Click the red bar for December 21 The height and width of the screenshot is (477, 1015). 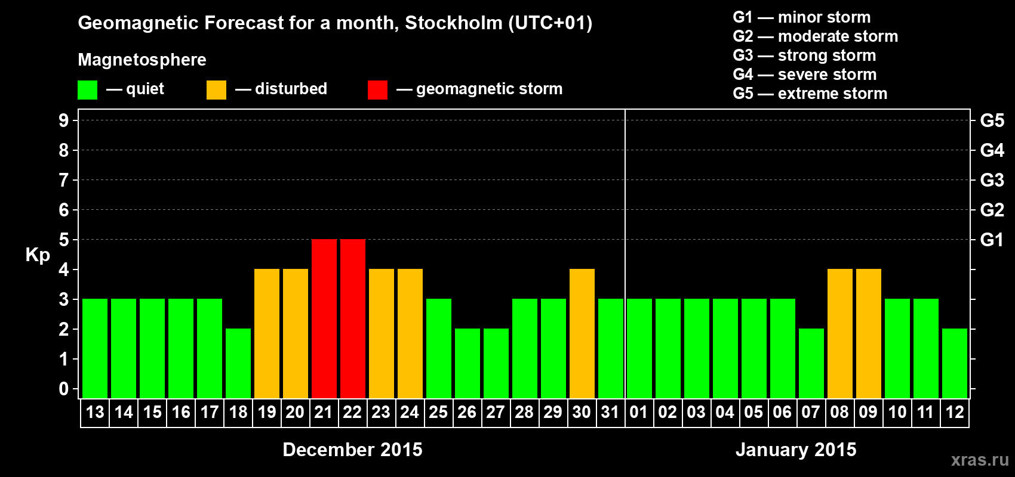click(x=324, y=318)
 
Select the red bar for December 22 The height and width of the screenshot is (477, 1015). click(x=352, y=318)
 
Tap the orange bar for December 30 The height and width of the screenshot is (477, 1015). click(x=582, y=333)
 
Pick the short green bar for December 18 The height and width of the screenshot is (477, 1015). click(x=238, y=363)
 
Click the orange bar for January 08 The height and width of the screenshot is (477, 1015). click(x=839, y=333)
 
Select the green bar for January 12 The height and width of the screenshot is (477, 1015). click(x=954, y=363)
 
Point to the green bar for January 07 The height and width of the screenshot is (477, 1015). click(x=811, y=363)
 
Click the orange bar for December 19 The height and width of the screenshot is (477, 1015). click(x=266, y=333)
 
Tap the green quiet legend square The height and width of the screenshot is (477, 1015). click(x=87, y=90)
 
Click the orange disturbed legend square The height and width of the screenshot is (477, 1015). click(x=216, y=90)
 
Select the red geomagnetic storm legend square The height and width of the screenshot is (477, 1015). click(x=377, y=90)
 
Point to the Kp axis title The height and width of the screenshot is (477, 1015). click(x=38, y=255)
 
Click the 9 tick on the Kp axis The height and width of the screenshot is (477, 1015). click(x=64, y=120)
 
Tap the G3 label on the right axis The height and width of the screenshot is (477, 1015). click(x=992, y=180)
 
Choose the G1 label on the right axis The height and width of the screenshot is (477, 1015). click(x=992, y=240)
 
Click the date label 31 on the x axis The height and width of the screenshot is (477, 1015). click(x=610, y=412)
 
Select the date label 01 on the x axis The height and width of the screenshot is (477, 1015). click(x=639, y=412)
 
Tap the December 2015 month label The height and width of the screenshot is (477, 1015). click(x=352, y=450)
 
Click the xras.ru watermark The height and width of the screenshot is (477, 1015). click(x=980, y=460)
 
